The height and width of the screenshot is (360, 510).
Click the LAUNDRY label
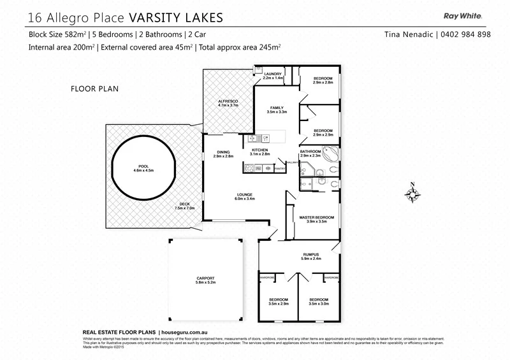(273, 75)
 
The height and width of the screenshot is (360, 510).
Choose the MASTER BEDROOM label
(317, 217)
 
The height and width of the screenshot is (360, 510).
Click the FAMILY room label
(277, 108)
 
